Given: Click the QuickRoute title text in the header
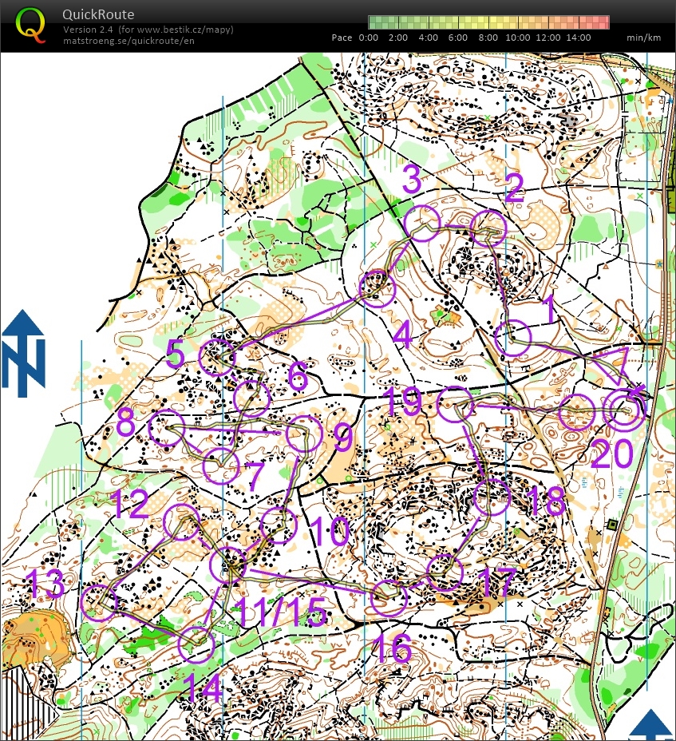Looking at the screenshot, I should tap(99, 14).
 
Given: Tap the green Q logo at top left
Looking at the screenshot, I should tap(30, 24).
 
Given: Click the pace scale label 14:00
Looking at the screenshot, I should tap(579, 38).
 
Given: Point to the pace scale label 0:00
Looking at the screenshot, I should tap(368, 38).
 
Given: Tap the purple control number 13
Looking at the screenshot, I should tap(44, 584).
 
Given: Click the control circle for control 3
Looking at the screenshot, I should tap(422, 222).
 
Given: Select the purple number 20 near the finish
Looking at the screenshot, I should tap(611, 454).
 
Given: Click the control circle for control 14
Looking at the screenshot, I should tap(196, 644).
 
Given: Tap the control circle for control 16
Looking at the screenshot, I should tap(389, 598).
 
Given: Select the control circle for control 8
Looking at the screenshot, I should tap(166, 428).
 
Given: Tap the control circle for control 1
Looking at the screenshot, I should tap(512, 339).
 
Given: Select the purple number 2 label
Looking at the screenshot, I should tap(513, 189).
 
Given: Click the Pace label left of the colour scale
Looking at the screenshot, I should tap(342, 38).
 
